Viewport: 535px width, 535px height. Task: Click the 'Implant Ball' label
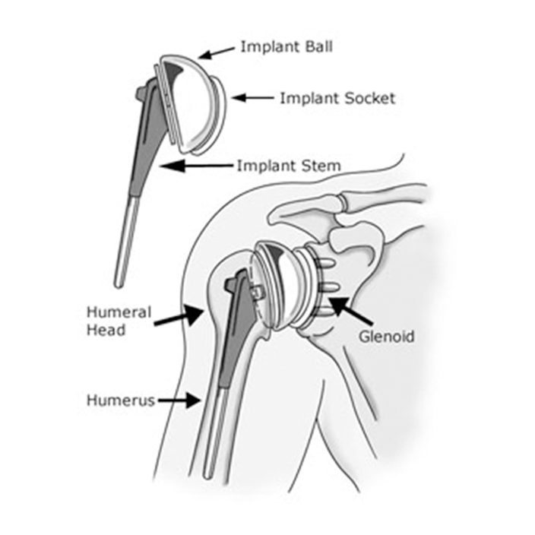tap(286, 47)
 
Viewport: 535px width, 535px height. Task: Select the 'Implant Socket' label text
tap(337, 98)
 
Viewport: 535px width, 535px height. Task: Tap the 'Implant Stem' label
tap(289, 166)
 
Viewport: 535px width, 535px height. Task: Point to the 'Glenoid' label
tap(387, 337)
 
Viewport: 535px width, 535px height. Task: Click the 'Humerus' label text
tap(121, 400)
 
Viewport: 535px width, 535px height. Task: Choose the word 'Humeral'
tap(119, 312)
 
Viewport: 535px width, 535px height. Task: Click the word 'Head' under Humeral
tap(106, 330)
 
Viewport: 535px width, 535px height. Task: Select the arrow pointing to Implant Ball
tap(217, 53)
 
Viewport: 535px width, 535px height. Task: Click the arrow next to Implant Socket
tap(252, 98)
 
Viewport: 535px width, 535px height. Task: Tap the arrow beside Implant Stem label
tap(198, 166)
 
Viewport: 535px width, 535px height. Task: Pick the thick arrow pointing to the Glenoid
tap(351, 311)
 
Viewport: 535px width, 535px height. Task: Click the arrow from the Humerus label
tap(179, 400)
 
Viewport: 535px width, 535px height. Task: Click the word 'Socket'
tap(369, 98)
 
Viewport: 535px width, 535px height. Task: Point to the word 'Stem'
tap(320, 166)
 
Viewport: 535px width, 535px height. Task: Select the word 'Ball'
tap(318, 47)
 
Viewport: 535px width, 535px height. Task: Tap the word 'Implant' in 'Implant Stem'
tap(266, 166)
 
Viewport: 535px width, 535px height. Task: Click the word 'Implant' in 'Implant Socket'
tap(309, 98)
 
